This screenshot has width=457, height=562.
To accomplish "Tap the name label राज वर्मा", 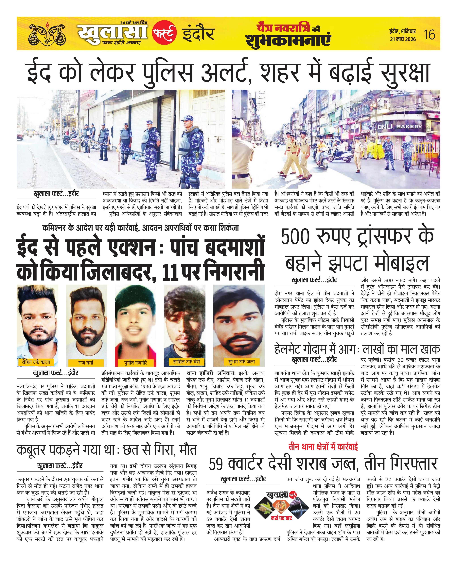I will (86, 363).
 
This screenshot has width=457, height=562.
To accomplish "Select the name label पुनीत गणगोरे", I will (136, 363).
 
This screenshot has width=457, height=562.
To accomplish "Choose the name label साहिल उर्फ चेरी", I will (186, 362).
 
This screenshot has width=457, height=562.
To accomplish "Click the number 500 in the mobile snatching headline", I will (295, 237).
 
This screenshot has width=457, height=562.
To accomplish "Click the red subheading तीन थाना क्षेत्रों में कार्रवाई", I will (323, 447).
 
